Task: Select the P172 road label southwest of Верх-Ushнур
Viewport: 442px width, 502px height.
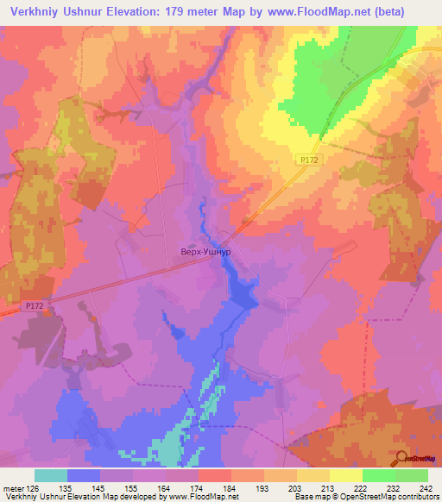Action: point(34,305)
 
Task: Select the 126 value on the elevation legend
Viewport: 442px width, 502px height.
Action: point(34,487)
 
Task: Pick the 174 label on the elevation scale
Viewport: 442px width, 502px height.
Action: point(198,487)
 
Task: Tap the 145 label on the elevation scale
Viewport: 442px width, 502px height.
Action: point(99,487)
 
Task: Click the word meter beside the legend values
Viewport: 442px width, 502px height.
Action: point(12,487)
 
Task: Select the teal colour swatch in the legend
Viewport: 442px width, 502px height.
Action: point(51,475)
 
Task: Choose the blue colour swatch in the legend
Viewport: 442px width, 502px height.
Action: point(84,475)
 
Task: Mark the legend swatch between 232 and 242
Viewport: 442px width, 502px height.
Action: point(411,475)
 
